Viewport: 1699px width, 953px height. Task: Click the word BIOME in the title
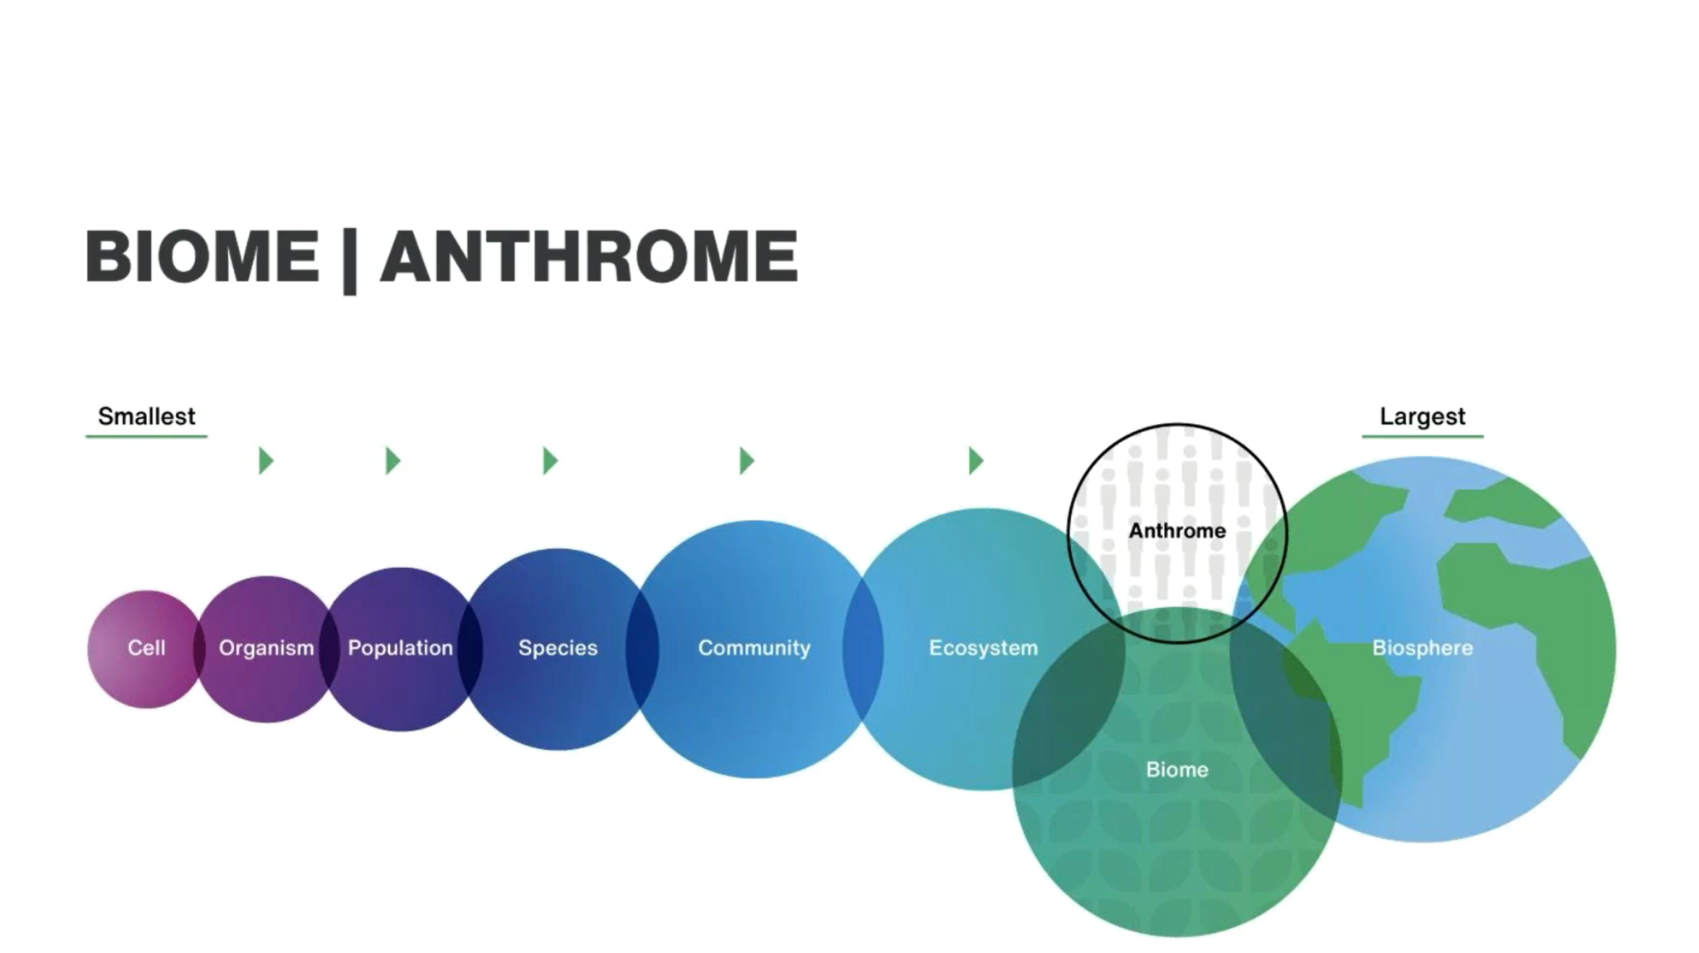[x=202, y=255]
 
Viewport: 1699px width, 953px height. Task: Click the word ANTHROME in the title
[x=589, y=255]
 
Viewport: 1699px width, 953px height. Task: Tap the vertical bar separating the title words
[x=350, y=260]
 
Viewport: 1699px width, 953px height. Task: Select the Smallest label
[x=147, y=416]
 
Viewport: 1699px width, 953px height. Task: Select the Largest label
[x=1422, y=416]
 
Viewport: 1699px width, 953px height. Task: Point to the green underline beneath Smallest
[x=146, y=435]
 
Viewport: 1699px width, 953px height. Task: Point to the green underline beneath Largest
[x=1422, y=435]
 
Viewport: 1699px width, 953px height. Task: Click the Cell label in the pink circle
[x=146, y=648]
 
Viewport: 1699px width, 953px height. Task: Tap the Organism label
[x=266, y=649]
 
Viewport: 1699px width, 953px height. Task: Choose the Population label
[x=400, y=649]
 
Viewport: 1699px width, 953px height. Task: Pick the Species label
[x=557, y=649]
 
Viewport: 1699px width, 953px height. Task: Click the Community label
[x=754, y=649]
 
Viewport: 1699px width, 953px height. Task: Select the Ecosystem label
[x=983, y=649]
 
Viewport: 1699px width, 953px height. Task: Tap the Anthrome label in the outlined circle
[x=1177, y=531]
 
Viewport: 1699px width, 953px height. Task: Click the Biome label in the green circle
[x=1177, y=770]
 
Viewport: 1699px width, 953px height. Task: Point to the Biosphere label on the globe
[x=1423, y=649]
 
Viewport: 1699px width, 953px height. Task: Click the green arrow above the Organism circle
[x=265, y=460]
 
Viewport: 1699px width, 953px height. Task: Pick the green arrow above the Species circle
[x=550, y=460]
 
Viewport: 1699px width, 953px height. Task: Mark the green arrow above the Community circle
[x=747, y=460]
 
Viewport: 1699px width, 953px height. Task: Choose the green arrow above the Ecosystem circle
[x=976, y=460]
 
